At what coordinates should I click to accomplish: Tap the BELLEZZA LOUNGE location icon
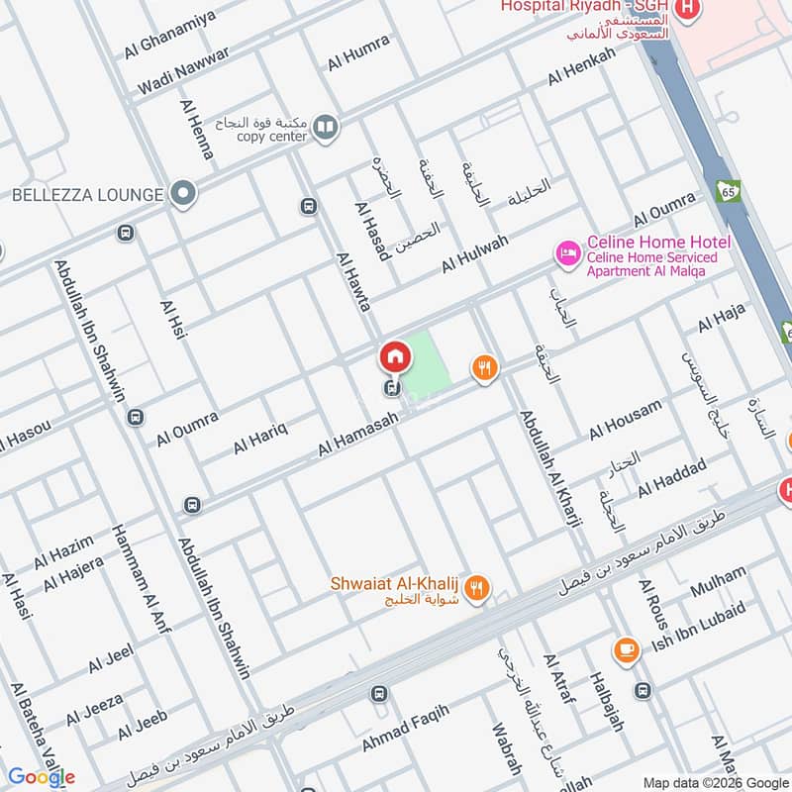(x=180, y=194)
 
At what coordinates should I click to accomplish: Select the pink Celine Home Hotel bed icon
(x=567, y=254)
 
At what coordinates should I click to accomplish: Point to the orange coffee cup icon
(x=626, y=649)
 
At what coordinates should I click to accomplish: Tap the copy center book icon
(x=325, y=128)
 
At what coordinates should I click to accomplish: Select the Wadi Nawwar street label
(x=183, y=71)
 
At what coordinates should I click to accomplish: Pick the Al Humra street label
(x=358, y=54)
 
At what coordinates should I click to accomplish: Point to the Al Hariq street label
(x=260, y=438)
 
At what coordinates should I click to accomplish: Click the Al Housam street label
(x=625, y=421)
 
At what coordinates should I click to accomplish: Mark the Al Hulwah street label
(x=475, y=254)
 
